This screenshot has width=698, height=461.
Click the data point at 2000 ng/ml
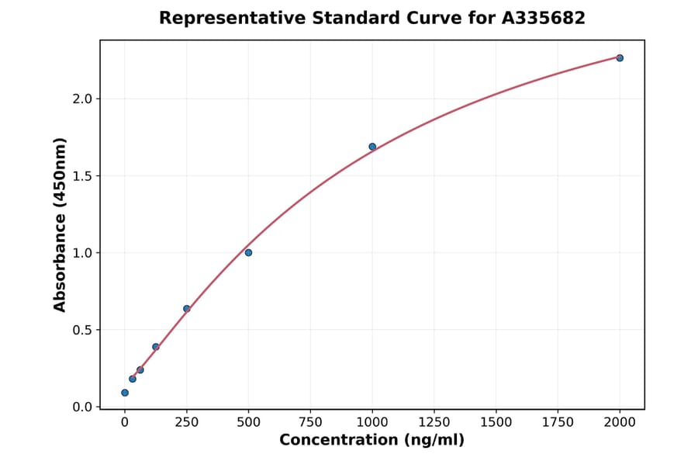pos(620,58)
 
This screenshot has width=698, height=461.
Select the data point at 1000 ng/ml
pos(372,147)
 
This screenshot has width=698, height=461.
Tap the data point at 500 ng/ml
pos(248,252)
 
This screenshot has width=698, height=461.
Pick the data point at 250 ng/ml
pos(187,309)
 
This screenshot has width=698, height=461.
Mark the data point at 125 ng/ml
pos(156,347)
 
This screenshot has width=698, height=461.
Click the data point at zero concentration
pos(125,393)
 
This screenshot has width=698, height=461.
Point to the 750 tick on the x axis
pos(310,422)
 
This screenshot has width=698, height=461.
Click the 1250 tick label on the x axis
pos(434,422)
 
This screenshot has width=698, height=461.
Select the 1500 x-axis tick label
pos(496,422)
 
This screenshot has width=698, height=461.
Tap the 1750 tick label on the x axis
pos(558,422)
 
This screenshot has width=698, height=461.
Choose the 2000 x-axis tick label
pos(620,422)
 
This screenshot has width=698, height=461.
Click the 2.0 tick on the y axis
pos(83,99)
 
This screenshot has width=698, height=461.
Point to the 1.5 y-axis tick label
pos(83,176)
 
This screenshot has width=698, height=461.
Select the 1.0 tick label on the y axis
pos(83,253)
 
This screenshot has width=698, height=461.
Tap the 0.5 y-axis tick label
pos(83,330)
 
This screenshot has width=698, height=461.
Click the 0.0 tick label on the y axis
pos(83,407)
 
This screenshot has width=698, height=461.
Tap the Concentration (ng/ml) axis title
pos(371,441)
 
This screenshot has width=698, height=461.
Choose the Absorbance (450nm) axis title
pos(60,224)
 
